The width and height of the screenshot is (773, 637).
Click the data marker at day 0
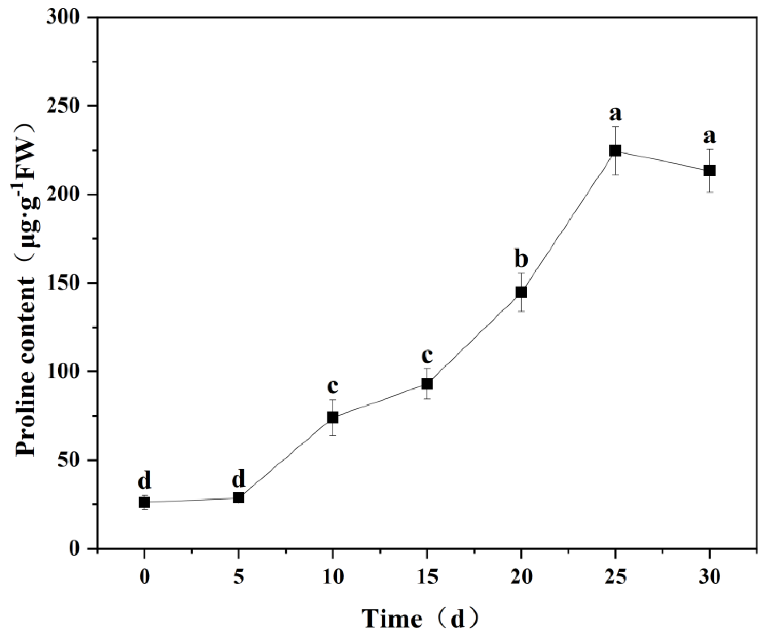pos(144,502)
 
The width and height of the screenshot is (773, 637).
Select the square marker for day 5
pos(238,498)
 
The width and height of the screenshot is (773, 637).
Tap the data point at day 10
pos(333,417)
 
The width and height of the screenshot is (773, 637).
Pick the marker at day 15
pos(427,384)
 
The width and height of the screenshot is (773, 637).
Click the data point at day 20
pos(521,292)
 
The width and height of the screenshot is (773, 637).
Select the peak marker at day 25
pos(615,151)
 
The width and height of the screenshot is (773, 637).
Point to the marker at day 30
pos(710,171)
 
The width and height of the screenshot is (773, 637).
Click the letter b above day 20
pos(521,259)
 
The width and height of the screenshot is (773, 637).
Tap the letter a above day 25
pos(615,115)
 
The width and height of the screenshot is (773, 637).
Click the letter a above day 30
pos(710,137)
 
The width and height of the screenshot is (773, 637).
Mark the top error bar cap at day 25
pos(615,127)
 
